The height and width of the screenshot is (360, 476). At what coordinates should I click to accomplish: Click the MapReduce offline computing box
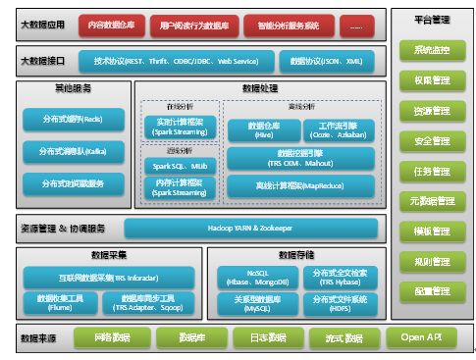click(x=300, y=184)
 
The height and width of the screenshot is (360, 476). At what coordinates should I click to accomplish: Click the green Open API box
click(x=420, y=337)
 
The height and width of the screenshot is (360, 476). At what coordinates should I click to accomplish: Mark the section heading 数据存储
click(x=296, y=254)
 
